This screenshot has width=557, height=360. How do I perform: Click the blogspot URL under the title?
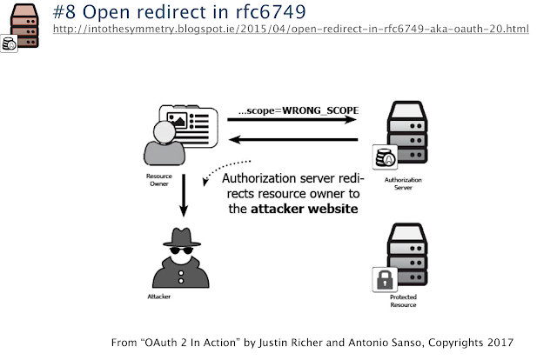(x=291, y=29)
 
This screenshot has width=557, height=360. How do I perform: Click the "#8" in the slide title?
(x=64, y=12)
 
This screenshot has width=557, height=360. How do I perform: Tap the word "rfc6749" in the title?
(x=271, y=12)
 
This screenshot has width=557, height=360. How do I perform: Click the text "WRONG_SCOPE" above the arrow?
(x=320, y=110)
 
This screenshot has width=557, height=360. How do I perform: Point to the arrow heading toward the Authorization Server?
(x=292, y=120)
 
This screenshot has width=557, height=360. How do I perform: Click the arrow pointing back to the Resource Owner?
(x=293, y=139)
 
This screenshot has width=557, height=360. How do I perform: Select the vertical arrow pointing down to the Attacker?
(x=184, y=196)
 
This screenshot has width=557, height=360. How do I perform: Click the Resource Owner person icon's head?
(x=164, y=132)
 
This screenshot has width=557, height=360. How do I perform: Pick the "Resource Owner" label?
(x=159, y=180)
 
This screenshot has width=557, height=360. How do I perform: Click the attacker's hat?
(x=182, y=237)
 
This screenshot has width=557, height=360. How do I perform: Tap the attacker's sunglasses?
(x=182, y=250)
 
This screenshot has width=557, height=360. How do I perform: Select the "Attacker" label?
(x=158, y=297)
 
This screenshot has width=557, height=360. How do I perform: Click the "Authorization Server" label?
(x=403, y=183)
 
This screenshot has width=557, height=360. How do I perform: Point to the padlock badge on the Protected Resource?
(x=385, y=279)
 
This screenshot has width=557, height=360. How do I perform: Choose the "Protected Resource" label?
(x=403, y=301)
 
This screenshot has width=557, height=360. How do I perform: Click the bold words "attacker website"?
(x=305, y=209)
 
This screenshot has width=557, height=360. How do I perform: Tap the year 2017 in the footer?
(x=500, y=343)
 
